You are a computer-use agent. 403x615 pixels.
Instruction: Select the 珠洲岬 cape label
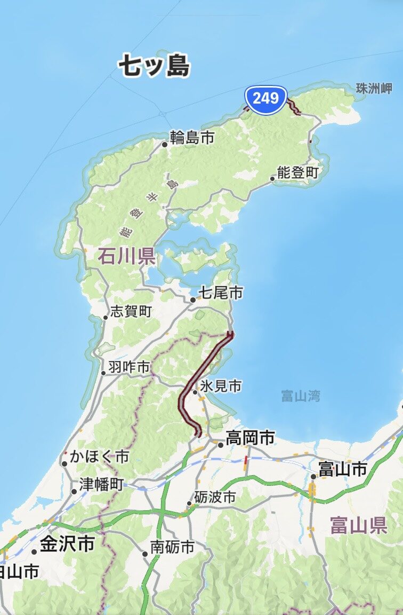[374, 89]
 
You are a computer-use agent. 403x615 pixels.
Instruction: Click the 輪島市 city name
[192, 138]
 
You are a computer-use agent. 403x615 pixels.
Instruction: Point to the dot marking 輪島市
[165, 144]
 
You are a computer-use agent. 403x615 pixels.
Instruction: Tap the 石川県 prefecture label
[126, 257]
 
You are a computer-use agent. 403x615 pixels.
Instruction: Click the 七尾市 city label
[220, 293]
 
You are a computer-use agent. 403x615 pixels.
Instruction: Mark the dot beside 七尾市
[193, 300]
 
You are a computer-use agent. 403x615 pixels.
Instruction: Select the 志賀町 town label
[131, 312]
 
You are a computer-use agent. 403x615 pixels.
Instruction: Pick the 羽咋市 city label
[129, 367]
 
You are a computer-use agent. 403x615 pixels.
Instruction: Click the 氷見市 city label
[221, 385]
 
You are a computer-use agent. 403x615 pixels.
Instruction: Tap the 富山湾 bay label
[301, 396]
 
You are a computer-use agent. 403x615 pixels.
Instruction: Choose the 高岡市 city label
[250, 439]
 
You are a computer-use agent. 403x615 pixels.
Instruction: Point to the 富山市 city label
[342, 469]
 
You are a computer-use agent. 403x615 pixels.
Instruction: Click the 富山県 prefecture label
[358, 525]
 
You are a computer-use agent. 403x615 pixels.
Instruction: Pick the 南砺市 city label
[172, 547]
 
